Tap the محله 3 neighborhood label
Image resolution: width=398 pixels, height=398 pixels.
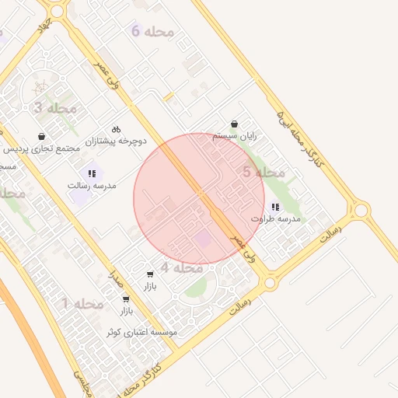(x=54, y=108)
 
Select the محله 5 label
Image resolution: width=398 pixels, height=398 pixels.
(x=264, y=173)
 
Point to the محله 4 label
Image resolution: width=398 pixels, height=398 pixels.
(x=181, y=267)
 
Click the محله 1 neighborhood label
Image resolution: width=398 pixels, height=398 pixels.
(x=82, y=304)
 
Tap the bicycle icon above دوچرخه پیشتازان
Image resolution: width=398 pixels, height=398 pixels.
(x=116, y=128)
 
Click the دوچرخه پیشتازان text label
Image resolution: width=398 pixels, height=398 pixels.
(x=116, y=141)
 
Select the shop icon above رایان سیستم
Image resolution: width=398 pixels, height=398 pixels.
(x=234, y=124)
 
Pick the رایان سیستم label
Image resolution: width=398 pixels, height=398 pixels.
(x=234, y=136)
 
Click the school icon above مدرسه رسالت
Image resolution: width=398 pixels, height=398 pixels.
(x=92, y=173)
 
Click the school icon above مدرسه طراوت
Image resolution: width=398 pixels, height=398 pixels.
(x=275, y=207)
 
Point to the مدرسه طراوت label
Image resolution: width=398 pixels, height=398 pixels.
(x=275, y=219)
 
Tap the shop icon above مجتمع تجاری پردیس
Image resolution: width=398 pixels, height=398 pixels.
(x=41, y=136)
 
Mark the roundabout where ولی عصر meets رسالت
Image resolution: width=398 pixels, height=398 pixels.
(x=270, y=283)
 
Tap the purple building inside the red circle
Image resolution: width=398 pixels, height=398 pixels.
(x=201, y=238)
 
